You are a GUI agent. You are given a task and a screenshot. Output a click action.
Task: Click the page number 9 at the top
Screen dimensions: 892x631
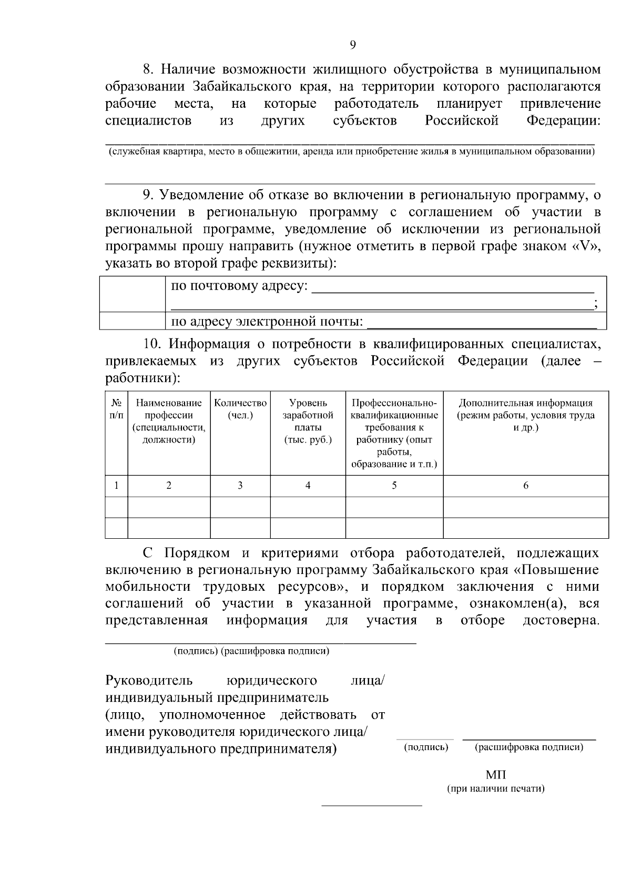(x=352, y=45)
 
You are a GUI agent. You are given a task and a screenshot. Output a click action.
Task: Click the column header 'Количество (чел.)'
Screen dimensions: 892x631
(x=240, y=409)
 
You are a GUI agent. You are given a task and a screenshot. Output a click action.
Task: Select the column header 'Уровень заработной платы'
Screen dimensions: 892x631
(x=308, y=421)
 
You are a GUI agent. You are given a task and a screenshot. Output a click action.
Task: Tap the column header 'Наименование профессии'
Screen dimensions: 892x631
(x=169, y=421)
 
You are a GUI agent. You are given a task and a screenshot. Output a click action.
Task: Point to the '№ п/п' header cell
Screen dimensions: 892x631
(x=116, y=409)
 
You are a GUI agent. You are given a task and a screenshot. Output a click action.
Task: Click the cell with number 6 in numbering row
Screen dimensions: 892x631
(x=525, y=486)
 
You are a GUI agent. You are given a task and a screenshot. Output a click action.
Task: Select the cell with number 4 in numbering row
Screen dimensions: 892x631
(x=308, y=486)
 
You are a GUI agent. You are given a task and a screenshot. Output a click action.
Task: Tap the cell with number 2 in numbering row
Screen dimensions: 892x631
(x=169, y=486)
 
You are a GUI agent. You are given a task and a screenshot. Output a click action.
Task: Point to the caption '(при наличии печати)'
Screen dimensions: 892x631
(x=495, y=788)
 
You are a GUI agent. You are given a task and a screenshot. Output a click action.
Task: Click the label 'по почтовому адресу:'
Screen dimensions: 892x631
(x=240, y=286)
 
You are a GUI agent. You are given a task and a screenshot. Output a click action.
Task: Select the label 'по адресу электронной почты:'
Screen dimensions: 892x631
(x=268, y=321)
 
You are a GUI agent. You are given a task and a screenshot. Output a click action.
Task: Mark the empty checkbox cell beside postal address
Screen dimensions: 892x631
(x=133, y=294)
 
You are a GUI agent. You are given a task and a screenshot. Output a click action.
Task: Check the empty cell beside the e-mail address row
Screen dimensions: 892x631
(x=133, y=321)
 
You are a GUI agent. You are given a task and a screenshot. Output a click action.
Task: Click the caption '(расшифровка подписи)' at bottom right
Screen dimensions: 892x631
(x=529, y=747)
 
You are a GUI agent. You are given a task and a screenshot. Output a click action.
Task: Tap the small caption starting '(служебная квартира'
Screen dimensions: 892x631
(x=351, y=152)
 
